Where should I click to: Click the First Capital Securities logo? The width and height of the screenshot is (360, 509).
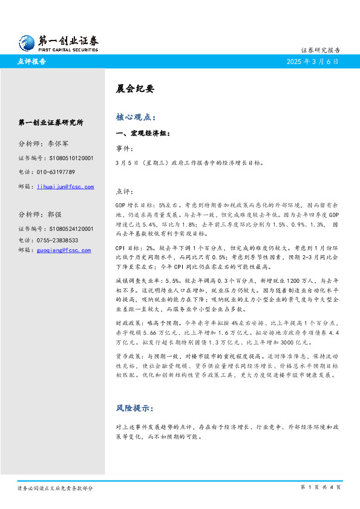[x=58, y=42]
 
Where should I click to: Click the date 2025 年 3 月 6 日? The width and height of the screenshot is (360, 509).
[x=313, y=62]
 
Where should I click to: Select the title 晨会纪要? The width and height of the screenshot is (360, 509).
[x=135, y=89]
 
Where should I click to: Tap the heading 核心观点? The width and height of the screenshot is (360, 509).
[x=136, y=117]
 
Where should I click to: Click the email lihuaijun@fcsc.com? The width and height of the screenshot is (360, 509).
[x=65, y=187]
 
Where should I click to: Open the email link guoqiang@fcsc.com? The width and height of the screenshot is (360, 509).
[x=64, y=250]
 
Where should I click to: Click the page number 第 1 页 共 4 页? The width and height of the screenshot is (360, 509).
[x=320, y=487]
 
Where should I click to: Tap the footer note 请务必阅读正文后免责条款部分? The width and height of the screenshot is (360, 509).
[x=55, y=488]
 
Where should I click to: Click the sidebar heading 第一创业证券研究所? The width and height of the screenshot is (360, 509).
[x=51, y=123]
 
